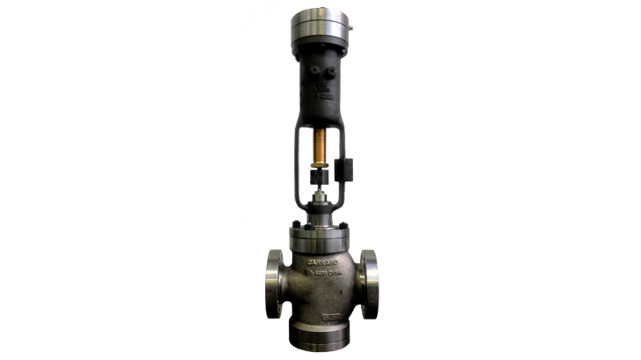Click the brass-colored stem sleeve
pyautogui.click(x=321, y=144)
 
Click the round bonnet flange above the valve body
pyautogui.click(x=321, y=234)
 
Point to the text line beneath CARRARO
pyautogui.click(x=321, y=271)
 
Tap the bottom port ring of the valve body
pyautogui.click(x=321, y=338)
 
